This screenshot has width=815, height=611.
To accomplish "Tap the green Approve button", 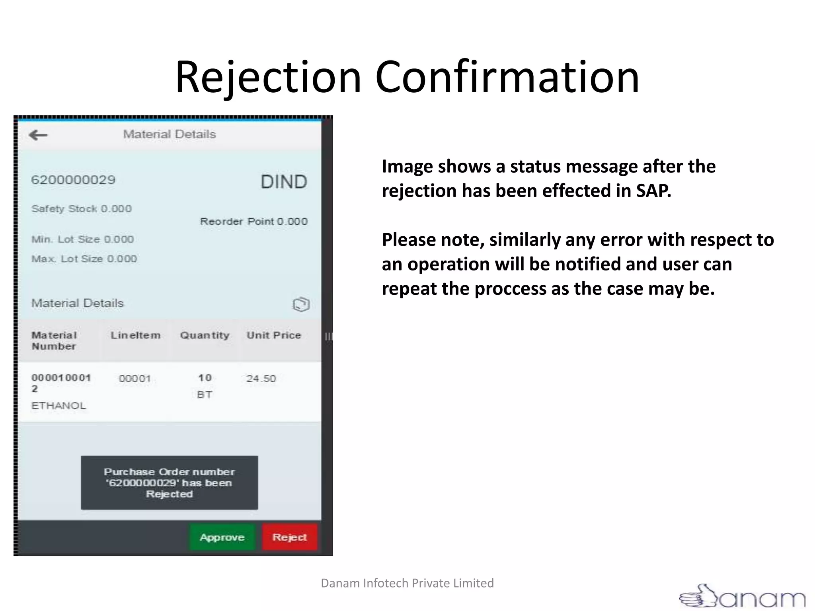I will pos(222,537).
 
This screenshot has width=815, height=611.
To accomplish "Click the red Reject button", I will pos(290,537).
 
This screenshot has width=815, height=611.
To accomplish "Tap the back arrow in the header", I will pos(38,135).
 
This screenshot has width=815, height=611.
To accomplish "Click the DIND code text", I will pos(284,182).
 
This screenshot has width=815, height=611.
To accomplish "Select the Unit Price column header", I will pos(274,335).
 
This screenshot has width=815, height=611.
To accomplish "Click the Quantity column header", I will pos(205,335).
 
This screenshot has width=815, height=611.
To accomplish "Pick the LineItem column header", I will pos(136,335).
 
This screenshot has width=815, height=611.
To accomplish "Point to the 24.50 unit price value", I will pos(261,378).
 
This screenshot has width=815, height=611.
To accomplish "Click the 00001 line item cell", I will pos(135,378).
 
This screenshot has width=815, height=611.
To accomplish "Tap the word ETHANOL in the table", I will pos(59,406).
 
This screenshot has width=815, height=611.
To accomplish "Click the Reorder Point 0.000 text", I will pos(254,222).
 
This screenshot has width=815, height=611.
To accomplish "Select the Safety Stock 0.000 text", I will pos(82,209).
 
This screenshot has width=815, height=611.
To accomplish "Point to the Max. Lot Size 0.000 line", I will pos(84,259).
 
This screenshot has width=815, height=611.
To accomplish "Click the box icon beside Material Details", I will pos(301,304).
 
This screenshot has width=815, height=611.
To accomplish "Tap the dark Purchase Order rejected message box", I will pos(170,483).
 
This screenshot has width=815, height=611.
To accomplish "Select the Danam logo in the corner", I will pos(743,596).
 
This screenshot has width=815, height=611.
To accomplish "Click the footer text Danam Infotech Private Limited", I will pos(407,583).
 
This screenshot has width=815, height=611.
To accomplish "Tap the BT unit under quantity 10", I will pos(205,395).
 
